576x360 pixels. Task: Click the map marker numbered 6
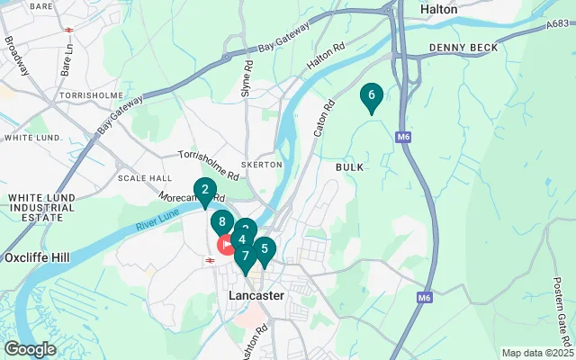tap(371, 95)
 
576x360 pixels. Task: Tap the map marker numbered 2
tap(205, 190)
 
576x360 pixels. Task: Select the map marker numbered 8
tap(221, 221)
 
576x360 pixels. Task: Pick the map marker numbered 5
tap(264, 248)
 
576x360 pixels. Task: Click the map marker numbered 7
tap(245, 257)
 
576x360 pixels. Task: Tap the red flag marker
tap(226, 244)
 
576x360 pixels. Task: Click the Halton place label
tap(438, 9)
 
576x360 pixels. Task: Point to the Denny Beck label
tap(457, 47)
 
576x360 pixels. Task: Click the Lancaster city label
tap(256, 295)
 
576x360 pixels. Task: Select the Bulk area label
tap(349, 167)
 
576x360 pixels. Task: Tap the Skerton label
tap(262, 165)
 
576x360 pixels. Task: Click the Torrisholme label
tap(85, 94)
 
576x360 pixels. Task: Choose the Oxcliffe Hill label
tap(37, 256)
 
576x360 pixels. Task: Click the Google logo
tap(30, 348)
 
